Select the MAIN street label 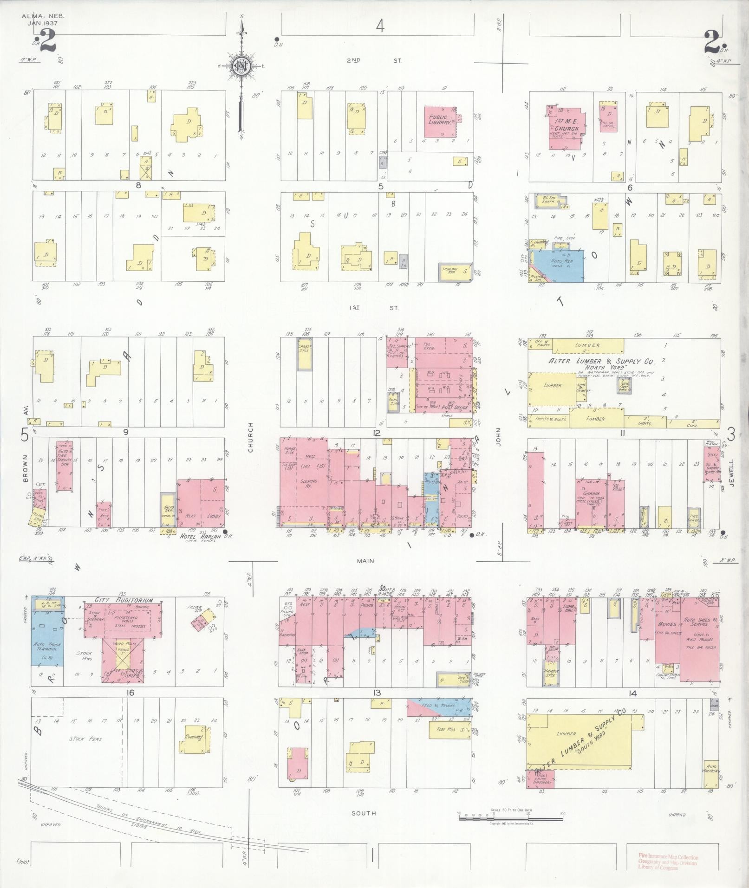pyautogui.click(x=365, y=561)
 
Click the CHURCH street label pyautogui.click(x=250, y=437)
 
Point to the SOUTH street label pyautogui.click(x=364, y=813)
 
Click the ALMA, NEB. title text pyautogui.click(x=43, y=16)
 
